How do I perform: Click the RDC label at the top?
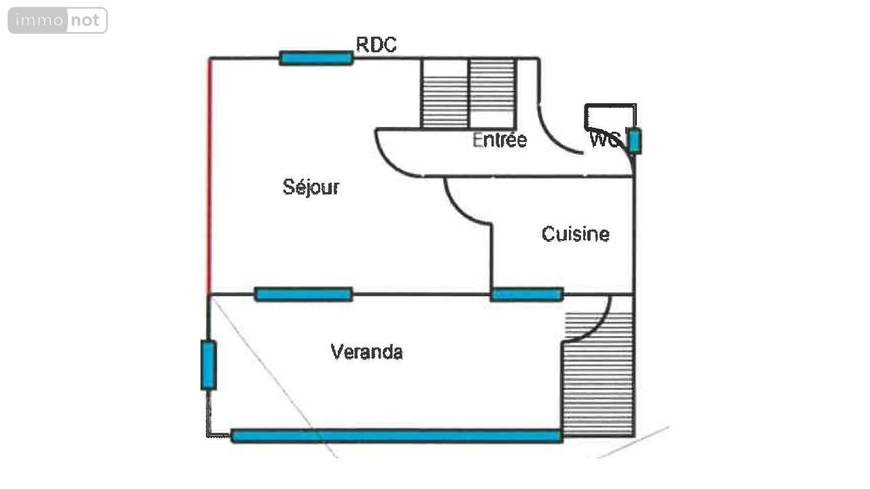tap(377, 45)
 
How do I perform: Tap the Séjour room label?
tap(311, 187)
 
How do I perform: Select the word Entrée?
tap(500, 140)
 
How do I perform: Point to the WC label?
tap(604, 140)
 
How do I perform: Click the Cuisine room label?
tap(575, 234)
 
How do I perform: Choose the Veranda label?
tap(366, 352)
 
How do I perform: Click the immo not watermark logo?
tap(58, 20)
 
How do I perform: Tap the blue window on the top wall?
tap(316, 58)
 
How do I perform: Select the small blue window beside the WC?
tap(634, 141)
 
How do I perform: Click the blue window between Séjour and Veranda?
tap(303, 294)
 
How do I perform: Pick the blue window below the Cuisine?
tap(527, 294)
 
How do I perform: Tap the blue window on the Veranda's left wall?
tap(208, 365)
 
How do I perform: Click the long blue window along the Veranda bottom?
tap(396, 436)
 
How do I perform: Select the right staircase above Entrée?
tap(493, 94)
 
